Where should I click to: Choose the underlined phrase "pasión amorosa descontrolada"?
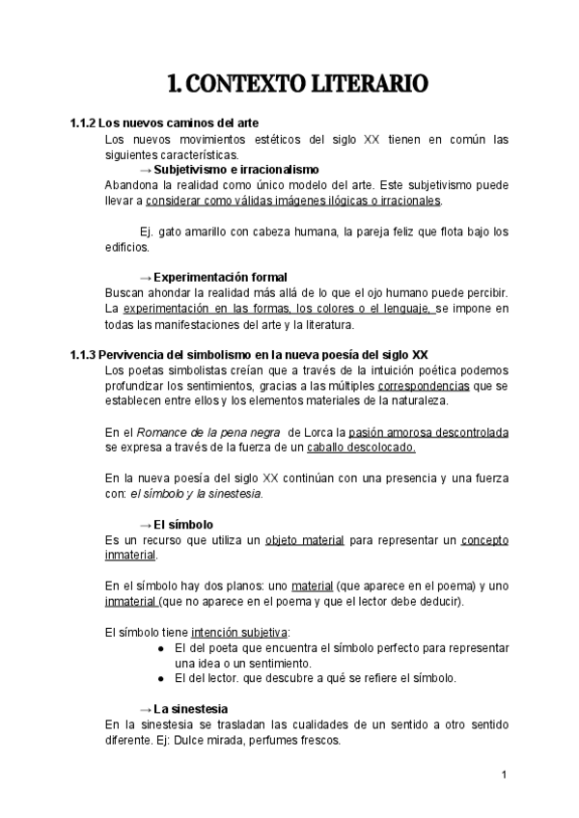pos(429,431)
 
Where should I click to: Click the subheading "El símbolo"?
pos(183,524)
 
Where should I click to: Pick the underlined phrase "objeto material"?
pos(305,539)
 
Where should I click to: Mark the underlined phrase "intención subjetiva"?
pos(245,632)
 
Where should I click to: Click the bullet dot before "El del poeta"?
pos(160,648)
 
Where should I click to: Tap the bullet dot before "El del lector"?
pos(160,678)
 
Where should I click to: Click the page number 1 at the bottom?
pos(505,775)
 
